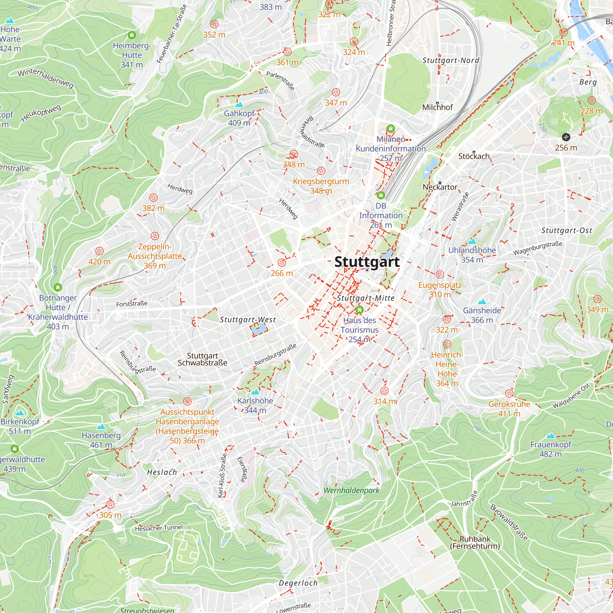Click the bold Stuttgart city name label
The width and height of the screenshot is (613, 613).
[367, 262]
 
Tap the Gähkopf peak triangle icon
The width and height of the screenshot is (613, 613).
[239, 105]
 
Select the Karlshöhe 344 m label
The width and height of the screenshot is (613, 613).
[255, 405]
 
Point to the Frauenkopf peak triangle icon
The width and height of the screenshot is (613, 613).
[551, 436]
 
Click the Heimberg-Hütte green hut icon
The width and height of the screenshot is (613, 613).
[132, 35]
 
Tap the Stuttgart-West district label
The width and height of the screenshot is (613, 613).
[248, 319]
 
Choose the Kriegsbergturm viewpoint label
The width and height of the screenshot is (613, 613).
[321, 186]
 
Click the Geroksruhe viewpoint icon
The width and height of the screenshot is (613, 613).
[509, 394]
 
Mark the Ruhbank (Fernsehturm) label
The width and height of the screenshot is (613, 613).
[475, 542]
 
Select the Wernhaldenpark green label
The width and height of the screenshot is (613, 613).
[351, 490]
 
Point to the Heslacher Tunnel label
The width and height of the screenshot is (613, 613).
[159, 528]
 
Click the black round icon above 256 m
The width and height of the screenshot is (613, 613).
[566, 137]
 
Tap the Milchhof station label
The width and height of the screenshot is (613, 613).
[437, 108]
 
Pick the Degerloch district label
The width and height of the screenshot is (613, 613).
[298, 583]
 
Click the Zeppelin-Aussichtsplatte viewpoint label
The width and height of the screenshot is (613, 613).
[155, 256]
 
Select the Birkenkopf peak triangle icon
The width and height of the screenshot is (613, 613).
[20, 413]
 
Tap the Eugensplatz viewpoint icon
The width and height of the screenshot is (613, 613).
[440, 274]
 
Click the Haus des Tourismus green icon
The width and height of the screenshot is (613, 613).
[359, 310]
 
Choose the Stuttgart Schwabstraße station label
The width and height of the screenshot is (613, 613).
[202, 359]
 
